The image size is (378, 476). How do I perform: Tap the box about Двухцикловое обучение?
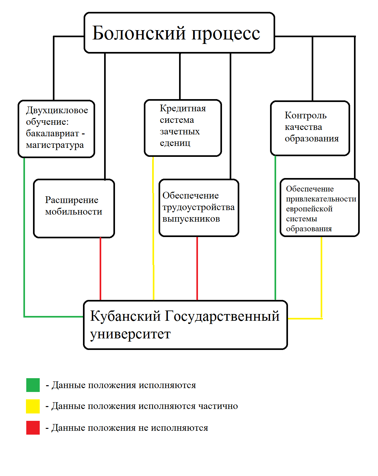tap(56, 129)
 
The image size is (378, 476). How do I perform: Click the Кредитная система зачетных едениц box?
tap(183, 128)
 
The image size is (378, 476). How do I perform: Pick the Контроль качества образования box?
tap(310, 128)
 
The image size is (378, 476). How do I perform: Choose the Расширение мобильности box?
tap(74, 208)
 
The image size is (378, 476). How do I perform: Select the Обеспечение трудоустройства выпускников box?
tap(199, 208)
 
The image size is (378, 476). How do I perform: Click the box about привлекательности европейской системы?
tap(319, 208)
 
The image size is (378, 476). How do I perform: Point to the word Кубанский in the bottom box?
tap(125, 316)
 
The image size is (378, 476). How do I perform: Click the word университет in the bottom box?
tap(130, 334)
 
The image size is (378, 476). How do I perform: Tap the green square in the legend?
tap(33, 385)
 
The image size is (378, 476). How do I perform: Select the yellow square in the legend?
tap(33, 406)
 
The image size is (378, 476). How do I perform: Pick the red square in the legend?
tap(33, 428)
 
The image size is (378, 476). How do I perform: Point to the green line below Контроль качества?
tap(275, 228)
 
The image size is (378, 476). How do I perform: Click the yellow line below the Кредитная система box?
tap(153, 228)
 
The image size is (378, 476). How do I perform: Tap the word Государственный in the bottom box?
tap(222, 316)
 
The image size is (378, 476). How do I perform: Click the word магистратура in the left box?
tap(55, 145)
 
